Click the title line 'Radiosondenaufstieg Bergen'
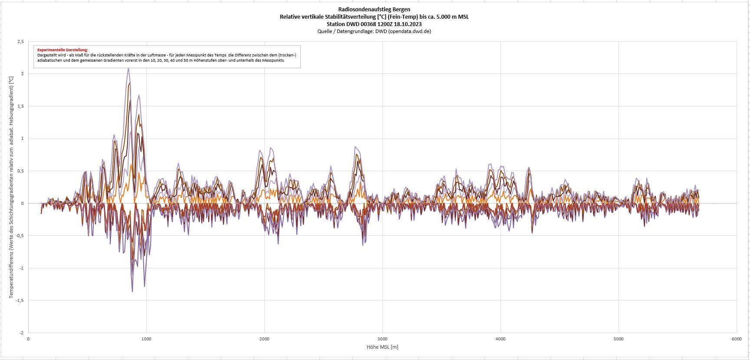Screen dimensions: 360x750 point(374,9)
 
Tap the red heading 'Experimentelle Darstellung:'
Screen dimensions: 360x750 point(62,50)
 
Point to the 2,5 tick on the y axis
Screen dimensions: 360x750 point(20,42)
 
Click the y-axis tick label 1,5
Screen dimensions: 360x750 point(20,106)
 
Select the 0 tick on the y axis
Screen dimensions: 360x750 point(22,204)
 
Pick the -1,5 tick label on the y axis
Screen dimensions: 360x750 point(20,301)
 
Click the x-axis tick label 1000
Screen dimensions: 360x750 point(146,339)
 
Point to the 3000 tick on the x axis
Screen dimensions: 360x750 point(382,339)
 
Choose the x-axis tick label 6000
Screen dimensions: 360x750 point(736,339)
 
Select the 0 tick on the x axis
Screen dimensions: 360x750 point(28,339)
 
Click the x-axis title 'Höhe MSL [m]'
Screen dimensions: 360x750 point(382,347)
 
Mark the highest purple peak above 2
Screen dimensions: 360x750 point(128,68)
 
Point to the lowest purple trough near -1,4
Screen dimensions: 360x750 point(132,291)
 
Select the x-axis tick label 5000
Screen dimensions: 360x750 point(618,339)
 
